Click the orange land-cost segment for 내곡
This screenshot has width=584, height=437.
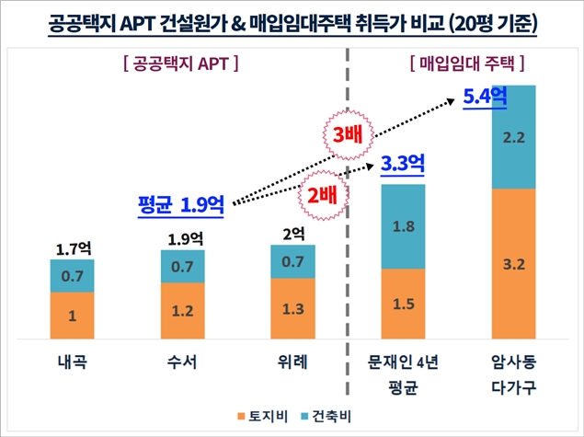point(72,316)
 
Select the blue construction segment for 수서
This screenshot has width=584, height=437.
point(182,267)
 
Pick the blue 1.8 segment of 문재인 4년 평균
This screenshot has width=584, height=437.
point(403,226)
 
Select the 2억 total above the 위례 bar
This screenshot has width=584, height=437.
point(292,232)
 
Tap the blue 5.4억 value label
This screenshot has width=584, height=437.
point(487,96)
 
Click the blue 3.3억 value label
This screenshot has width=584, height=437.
point(403,166)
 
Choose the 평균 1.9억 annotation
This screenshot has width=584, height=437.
point(181,203)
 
